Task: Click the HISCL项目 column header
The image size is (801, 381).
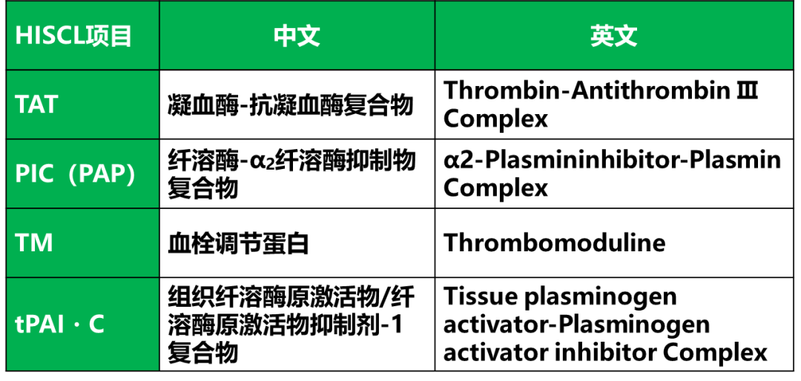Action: pos(73,36)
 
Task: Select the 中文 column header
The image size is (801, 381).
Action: pos(297,36)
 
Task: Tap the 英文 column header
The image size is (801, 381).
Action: pos(614,36)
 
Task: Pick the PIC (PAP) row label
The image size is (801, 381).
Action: pos(76,174)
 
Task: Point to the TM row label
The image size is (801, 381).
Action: pos(34,243)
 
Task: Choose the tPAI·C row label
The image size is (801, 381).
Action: pos(60,325)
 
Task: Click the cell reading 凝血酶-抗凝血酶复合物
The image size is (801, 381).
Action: pos(290,106)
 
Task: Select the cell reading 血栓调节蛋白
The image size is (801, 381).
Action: pos(239,244)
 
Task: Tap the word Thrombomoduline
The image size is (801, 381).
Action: pos(554,243)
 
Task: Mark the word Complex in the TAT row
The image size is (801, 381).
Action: pos(495,119)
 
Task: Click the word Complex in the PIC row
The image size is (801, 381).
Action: pos(495,188)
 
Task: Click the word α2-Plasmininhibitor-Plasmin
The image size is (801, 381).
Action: pos(612,161)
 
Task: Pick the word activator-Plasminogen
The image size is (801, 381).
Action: pos(576,325)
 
